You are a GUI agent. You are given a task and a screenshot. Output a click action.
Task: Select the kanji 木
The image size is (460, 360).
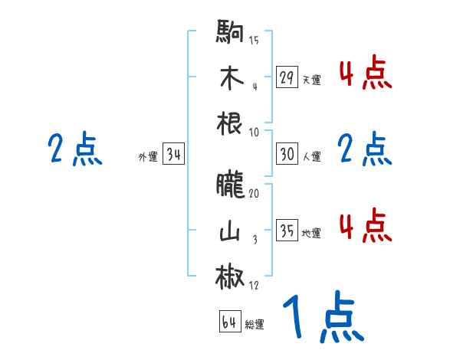tap(231, 78)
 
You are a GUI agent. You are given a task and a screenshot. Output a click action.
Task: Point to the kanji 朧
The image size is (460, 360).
tap(231, 185)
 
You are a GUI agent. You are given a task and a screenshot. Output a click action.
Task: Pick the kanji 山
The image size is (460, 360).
tap(231, 229)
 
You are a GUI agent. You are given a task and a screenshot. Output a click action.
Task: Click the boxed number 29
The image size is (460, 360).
tap(287, 77)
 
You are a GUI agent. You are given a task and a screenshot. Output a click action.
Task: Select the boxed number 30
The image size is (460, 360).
tap(287, 154)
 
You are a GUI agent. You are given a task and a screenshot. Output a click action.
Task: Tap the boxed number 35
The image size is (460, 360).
tap(287, 231)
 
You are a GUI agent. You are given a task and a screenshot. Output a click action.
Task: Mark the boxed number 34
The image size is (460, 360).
tap(173, 155)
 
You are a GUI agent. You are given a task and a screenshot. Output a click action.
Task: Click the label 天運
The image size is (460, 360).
tap(311, 80)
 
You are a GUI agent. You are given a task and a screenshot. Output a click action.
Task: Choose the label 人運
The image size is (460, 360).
tap(311, 156)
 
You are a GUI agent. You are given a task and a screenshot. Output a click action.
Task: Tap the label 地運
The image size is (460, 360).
tap(311, 233)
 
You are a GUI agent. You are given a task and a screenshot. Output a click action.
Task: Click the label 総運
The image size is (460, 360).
tap(255, 325)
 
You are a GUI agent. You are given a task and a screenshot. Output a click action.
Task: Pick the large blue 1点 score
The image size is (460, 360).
tap(321, 319)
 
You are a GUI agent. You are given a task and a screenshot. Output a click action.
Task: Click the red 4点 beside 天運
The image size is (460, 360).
tap(365, 75)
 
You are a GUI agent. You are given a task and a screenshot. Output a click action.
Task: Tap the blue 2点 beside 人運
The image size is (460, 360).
tap(365, 150)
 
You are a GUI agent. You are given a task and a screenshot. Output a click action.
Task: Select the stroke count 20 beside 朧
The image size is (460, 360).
tap(254, 195)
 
